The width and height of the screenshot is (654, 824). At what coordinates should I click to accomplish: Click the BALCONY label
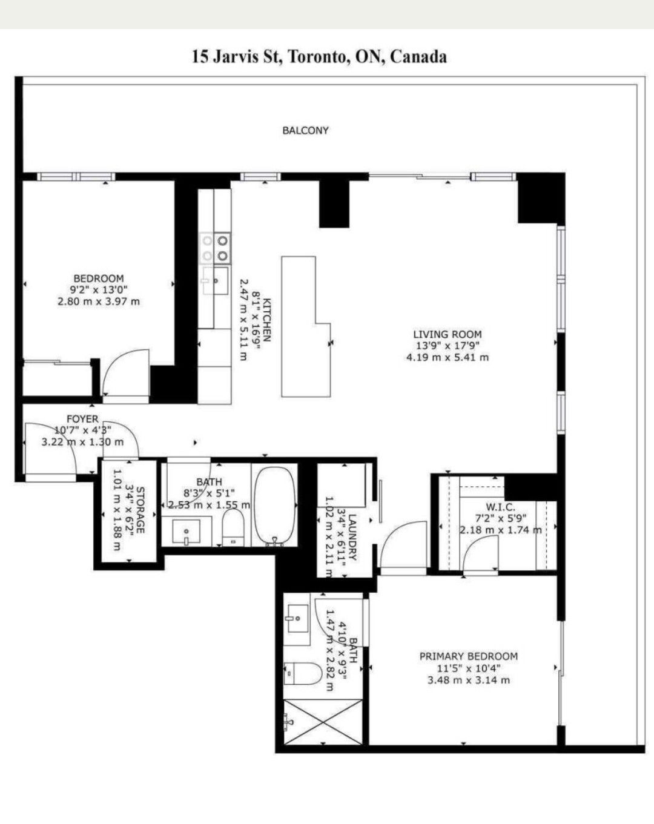click(305, 131)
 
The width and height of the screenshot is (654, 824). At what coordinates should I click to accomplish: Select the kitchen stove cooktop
click(216, 248)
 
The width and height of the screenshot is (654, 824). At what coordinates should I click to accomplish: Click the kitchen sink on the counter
click(216, 281)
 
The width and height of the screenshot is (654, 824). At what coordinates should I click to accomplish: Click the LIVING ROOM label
click(447, 334)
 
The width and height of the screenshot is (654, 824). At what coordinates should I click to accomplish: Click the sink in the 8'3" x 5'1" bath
click(186, 532)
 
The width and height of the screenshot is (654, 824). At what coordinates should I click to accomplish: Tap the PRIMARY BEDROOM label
click(469, 656)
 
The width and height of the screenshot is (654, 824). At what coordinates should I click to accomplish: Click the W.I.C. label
click(500, 507)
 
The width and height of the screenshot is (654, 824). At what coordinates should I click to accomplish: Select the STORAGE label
click(140, 510)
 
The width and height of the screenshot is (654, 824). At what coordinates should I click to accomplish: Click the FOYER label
click(82, 419)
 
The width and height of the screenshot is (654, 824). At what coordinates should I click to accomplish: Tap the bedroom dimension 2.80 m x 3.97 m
click(99, 302)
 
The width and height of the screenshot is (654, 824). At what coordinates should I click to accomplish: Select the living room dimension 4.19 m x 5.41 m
click(447, 357)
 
